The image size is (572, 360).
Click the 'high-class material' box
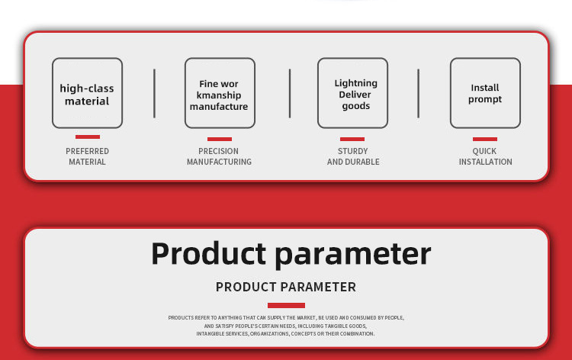point(87,93)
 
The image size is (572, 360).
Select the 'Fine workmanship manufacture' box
point(220,93)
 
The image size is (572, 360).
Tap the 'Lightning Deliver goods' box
point(353,93)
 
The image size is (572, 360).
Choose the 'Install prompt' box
point(485,93)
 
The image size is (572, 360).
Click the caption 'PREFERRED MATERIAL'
point(87,156)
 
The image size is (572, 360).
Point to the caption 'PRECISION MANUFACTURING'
point(219,156)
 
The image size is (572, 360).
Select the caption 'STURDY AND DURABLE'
point(353,156)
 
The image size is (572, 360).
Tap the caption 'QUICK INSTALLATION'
point(485,156)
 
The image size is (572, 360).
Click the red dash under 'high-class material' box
point(88,137)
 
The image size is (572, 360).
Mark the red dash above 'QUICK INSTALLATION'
point(485,139)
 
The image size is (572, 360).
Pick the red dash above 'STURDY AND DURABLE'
point(352,139)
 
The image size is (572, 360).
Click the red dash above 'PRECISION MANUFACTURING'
point(220,139)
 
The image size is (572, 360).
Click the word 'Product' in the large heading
point(209,253)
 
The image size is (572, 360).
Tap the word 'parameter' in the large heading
point(353,256)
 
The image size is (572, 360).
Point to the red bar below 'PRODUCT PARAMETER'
point(286,305)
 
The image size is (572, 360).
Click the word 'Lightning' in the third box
point(356,84)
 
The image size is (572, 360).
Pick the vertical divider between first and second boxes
point(154,93)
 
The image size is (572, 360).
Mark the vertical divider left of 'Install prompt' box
point(419,93)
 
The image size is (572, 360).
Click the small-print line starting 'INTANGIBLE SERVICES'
point(286,334)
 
